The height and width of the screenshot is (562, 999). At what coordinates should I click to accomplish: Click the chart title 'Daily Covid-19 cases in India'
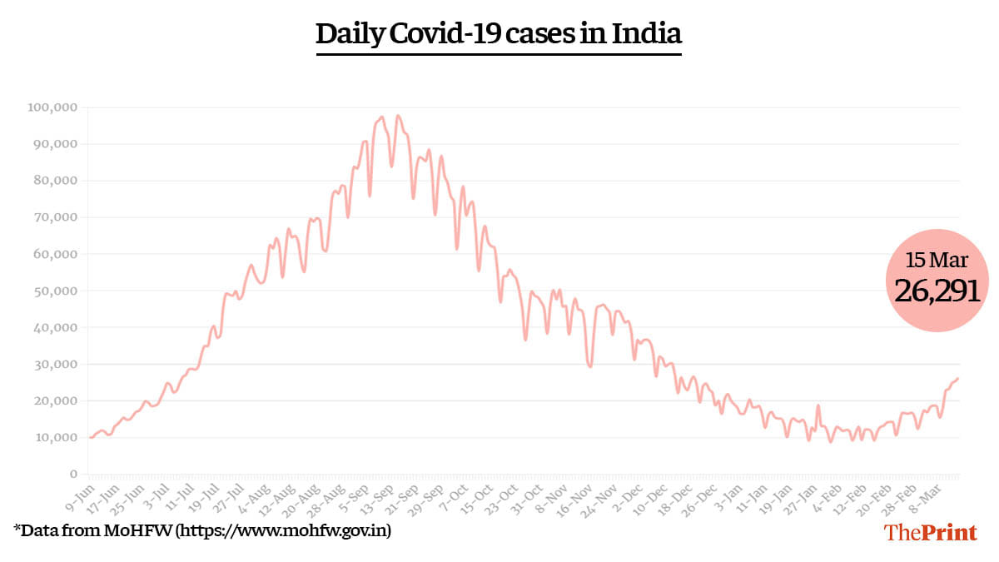pos(499,34)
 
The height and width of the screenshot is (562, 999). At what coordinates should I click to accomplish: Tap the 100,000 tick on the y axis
pos(52,107)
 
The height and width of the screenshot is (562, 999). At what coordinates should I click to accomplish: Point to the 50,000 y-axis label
pos(56,291)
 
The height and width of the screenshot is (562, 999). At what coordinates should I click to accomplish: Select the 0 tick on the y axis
pos(74,474)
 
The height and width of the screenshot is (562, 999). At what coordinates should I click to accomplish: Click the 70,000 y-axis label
pos(56,217)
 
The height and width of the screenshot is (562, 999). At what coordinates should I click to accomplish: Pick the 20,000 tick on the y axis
pos(56,400)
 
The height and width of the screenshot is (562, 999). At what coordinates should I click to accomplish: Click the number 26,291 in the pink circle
pos(937,291)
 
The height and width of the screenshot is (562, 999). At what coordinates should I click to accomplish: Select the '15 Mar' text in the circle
pos(937,261)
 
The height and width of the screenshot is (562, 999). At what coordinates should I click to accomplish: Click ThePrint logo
pos(931,533)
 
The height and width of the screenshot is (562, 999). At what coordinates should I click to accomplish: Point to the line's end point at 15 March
pos(958,378)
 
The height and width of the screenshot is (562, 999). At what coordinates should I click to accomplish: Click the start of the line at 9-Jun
pos(89,437)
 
